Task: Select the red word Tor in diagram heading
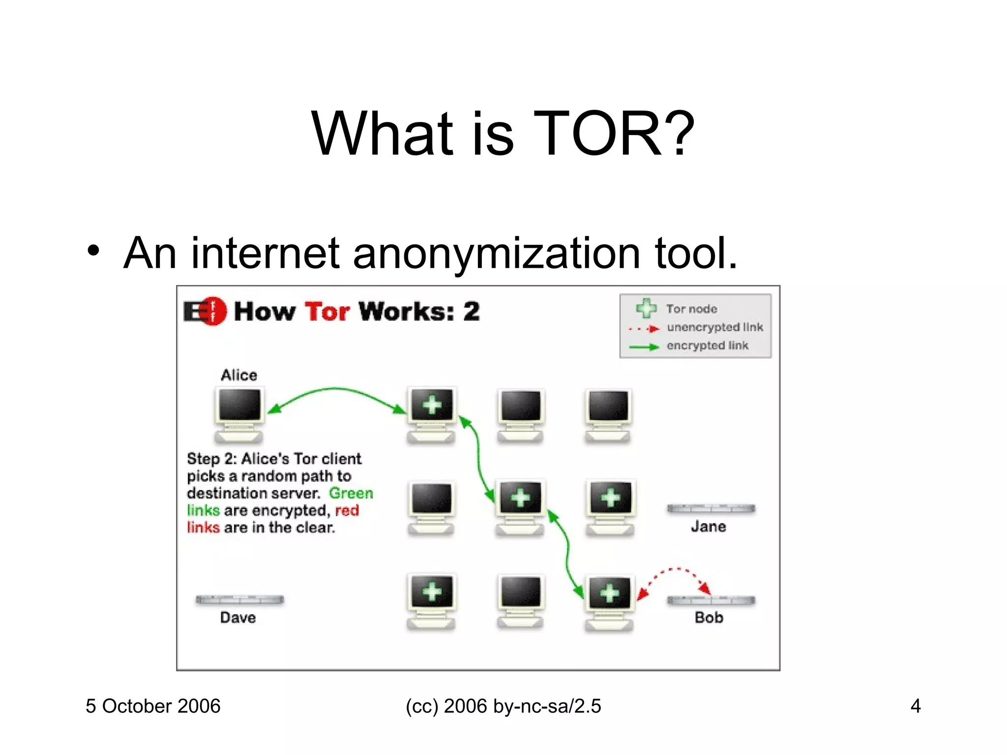pyautogui.click(x=327, y=312)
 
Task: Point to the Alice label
pyautogui.click(x=239, y=375)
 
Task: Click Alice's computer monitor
pyautogui.click(x=239, y=406)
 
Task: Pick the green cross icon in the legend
pyautogui.click(x=646, y=308)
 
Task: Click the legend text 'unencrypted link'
pyautogui.click(x=714, y=327)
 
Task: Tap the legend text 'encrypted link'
pyautogui.click(x=707, y=346)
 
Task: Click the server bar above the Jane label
pyautogui.click(x=711, y=509)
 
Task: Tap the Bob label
pyautogui.click(x=709, y=617)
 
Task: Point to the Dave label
pyautogui.click(x=238, y=617)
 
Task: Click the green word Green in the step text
pyautogui.click(x=351, y=493)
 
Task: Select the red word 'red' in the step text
pyautogui.click(x=347, y=510)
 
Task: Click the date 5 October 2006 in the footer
pyautogui.click(x=153, y=706)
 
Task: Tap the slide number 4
pyautogui.click(x=915, y=706)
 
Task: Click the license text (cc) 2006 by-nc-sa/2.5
pyautogui.click(x=503, y=706)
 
